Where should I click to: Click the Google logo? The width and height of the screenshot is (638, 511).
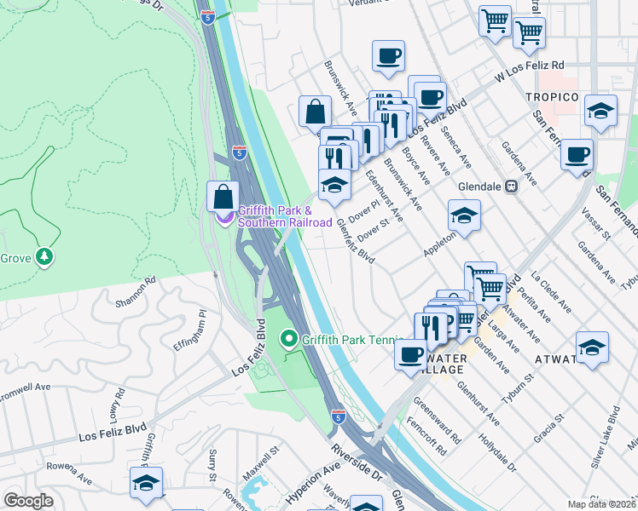click(x=28, y=501)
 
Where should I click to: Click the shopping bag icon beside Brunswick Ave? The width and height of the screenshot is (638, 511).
click(x=315, y=112)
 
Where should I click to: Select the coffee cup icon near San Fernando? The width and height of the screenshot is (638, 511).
click(x=577, y=155)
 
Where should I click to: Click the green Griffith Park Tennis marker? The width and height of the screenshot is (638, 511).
click(x=289, y=340)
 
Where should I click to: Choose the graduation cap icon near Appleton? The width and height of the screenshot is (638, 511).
click(x=464, y=216)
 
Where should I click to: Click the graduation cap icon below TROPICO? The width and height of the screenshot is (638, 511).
click(x=600, y=111)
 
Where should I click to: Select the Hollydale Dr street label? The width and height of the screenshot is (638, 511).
click(x=499, y=456)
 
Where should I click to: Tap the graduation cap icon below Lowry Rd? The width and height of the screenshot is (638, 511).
click(x=146, y=483)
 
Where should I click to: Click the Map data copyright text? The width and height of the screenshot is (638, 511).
click(x=601, y=504)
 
